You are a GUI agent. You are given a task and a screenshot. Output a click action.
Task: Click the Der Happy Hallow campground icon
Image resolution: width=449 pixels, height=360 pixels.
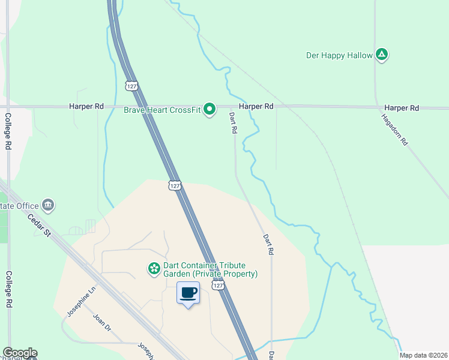(381, 55)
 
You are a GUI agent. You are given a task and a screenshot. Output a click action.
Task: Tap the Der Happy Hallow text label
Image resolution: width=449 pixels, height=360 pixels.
(339, 55)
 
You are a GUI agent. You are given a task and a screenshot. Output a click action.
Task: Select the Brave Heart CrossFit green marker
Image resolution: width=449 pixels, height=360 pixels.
(209, 109)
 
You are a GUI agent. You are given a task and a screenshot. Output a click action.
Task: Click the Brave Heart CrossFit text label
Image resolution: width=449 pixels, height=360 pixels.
(161, 110)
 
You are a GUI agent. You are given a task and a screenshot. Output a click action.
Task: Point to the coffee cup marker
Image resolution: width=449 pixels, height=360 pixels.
(188, 293)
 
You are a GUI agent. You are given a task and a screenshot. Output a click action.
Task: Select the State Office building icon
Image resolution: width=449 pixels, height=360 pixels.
(49, 206)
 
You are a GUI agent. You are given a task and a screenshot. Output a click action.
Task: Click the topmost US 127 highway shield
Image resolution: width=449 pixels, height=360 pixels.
(132, 86)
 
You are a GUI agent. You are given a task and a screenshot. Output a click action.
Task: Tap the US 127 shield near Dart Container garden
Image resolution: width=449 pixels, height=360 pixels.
(218, 286)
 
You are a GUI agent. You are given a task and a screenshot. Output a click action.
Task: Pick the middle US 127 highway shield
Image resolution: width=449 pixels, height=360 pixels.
(174, 185)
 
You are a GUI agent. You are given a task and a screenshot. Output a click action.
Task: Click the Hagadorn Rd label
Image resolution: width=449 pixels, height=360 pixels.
(395, 130)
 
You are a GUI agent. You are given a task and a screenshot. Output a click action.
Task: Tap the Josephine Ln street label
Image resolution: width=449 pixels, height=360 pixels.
(81, 301)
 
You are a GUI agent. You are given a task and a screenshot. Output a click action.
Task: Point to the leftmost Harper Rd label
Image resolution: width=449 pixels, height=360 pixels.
(86, 106)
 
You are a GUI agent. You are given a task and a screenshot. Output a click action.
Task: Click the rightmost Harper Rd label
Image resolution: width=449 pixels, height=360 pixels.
(402, 107)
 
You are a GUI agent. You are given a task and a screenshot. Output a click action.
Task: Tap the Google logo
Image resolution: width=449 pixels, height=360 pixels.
(20, 353)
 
